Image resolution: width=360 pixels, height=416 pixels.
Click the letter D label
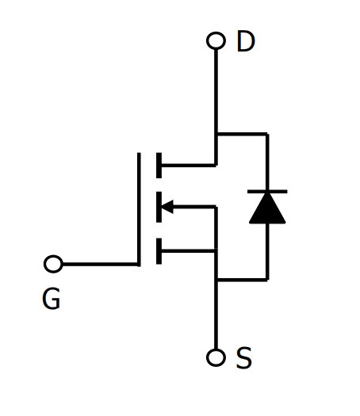coord(246,41)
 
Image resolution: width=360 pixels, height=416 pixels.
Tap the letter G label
coord(52,299)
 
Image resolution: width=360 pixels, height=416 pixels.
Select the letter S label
coord(243,357)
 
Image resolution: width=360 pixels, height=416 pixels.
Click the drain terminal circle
coord(216,40)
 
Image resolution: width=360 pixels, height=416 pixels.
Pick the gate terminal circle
coord(53,264)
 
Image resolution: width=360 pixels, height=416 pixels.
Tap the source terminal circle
coord(216,357)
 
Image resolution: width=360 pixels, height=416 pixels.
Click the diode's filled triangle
coord(267,208)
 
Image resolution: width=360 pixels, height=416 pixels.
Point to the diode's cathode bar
coord(267,191)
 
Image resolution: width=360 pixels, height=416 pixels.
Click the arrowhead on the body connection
coord(167,206)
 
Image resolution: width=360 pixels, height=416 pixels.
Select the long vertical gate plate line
coord(139,209)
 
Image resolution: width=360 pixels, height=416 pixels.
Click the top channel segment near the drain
coord(159,166)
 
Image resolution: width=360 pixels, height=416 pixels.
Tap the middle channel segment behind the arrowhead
coord(159,207)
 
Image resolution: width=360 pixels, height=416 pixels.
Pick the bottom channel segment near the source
coord(159,251)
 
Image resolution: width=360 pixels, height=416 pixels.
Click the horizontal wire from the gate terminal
coord(100,264)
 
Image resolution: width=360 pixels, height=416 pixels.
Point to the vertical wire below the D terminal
coord(216,107)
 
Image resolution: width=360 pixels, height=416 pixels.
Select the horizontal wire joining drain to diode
coord(242,134)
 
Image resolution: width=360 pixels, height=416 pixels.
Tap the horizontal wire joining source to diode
coord(242,280)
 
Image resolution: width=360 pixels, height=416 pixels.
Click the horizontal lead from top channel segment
coord(189,166)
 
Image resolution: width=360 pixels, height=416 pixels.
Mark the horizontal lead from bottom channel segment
coord(189,250)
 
